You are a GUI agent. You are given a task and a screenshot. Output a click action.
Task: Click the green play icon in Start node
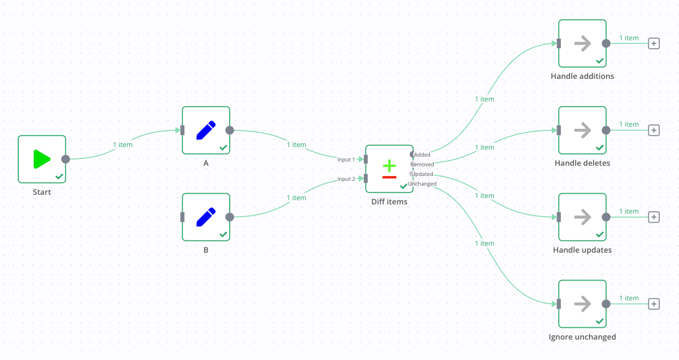(x=41, y=159)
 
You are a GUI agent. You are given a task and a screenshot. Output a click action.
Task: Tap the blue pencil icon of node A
(x=206, y=130)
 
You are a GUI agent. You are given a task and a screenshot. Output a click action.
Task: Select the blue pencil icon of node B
(x=206, y=217)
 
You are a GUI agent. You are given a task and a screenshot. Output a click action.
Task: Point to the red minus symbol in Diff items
(x=389, y=177)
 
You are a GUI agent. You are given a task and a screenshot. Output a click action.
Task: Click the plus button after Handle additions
(x=653, y=43)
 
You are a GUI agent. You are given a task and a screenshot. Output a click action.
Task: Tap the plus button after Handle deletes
(x=653, y=130)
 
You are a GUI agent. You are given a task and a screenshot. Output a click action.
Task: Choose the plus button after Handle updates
(x=653, y=217)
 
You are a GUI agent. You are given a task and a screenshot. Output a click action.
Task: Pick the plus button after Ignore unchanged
(x=653, y=304)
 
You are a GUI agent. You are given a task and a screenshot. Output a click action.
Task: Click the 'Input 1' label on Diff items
(x=346, y=159)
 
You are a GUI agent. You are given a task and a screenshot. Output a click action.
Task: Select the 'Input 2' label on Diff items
(x=346, y=179)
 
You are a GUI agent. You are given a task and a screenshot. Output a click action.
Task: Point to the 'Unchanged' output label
(x=422, y=183)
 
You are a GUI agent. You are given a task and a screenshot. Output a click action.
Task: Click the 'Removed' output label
(x=422, y=164)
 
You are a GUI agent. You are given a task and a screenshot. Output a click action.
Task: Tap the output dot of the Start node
(x=65, y=159)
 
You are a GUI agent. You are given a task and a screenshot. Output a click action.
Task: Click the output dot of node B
(x=230, y=217)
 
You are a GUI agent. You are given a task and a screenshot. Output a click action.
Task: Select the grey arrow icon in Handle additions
(x=582, y=43)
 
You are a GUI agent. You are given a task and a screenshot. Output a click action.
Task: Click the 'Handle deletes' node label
(x=582, y=163)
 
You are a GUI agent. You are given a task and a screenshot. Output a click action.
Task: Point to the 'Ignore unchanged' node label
(x=582, y=337)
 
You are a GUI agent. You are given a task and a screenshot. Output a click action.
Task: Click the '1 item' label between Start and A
(x=122, y=144)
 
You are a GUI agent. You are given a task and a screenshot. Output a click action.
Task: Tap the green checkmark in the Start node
(x=59, y=176)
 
